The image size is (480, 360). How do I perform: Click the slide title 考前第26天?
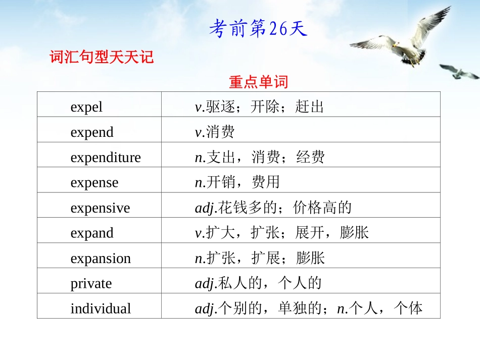258,29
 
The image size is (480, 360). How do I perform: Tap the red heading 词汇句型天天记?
102,57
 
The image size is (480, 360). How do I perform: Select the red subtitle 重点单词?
258,82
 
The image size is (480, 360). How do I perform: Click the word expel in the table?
86,107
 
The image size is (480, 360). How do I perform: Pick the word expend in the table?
92,132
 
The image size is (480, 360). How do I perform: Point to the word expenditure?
106,158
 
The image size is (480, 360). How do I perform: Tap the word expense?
94,183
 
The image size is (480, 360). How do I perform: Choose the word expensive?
100,208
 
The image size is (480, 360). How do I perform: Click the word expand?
92,233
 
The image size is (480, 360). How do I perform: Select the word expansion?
101,259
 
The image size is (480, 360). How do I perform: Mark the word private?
91,283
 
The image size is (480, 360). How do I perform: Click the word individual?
101,308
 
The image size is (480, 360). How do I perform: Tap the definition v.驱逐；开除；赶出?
259,107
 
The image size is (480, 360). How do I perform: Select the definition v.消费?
215,132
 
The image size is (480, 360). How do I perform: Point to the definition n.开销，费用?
237,183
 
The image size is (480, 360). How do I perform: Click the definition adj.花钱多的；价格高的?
273,208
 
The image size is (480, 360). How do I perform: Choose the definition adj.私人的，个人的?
258,283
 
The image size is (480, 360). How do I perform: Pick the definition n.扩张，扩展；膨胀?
260,259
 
